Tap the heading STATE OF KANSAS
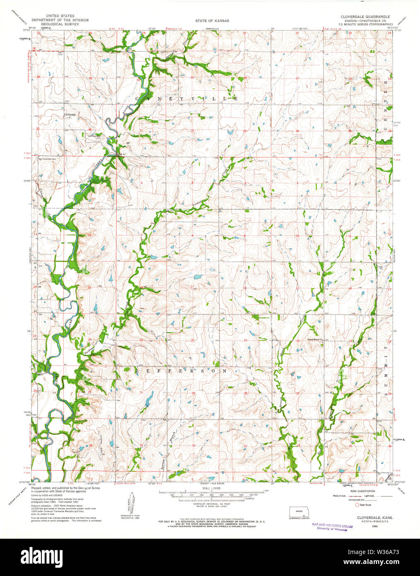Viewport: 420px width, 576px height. coord(212,20)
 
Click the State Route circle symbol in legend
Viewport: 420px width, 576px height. coord(357,504)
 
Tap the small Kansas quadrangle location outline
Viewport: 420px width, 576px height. coord(299,511)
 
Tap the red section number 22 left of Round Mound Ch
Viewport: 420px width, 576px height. coord(298,341)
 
